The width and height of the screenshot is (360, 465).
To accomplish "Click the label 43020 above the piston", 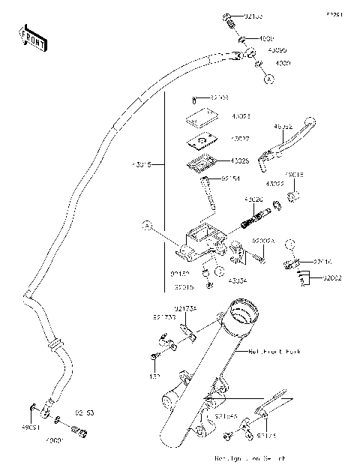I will [253, 199].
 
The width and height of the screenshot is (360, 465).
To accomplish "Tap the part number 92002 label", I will [331, 278].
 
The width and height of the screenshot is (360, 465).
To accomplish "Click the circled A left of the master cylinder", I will [148, 224].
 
